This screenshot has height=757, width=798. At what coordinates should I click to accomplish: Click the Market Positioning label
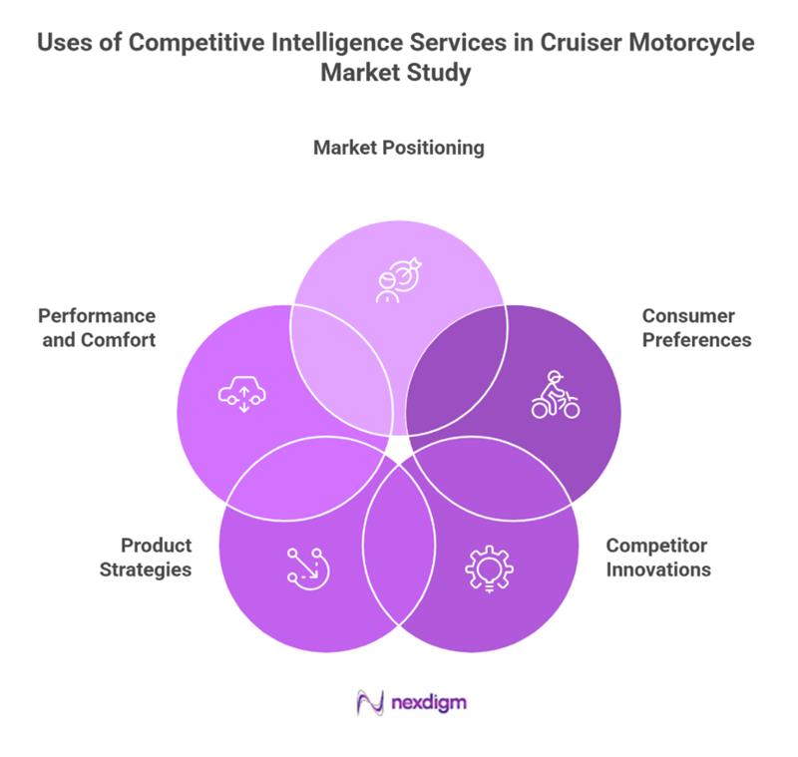[398, 148]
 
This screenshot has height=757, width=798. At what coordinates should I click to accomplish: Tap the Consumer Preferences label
[696, 328]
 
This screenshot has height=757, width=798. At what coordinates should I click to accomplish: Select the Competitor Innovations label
[658, 558]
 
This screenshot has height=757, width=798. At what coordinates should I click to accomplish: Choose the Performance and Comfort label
[97, 328]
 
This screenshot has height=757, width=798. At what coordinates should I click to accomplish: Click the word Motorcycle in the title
[692, 45]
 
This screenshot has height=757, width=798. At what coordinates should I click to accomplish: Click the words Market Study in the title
[398, 74]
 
